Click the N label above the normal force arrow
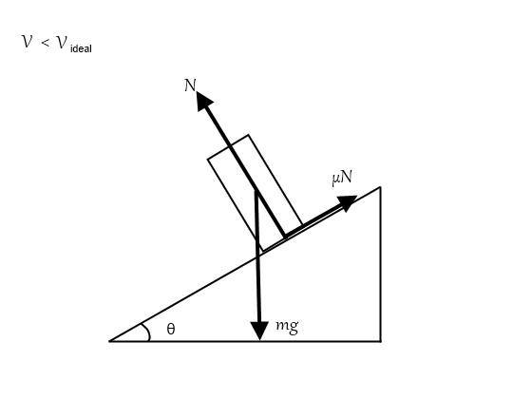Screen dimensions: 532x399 click(190, 85)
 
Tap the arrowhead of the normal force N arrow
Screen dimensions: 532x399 click(204, 101)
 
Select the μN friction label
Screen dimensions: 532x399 click(342, 178)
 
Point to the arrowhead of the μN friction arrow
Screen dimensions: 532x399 click(347, 202)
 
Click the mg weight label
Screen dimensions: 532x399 click(287, 327)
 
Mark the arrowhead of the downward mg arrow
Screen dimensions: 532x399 click(259, 331)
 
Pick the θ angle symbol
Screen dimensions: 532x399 click(171, 329)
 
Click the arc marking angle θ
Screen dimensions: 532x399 click(147, 331)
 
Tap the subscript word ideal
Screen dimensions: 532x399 click(81, 48)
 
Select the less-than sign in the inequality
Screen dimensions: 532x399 click(46, 43)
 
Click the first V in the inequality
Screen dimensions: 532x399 click(28, 42)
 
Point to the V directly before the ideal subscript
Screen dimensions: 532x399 click(62, 43)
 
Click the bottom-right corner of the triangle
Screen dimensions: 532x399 click(380, 341)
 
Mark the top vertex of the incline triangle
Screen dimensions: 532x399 click(380, 187)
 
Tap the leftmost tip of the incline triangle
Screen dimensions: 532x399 click(109, 341)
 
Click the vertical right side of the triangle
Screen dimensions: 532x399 click(380, 264)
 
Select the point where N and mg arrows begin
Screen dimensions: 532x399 click(256, 191)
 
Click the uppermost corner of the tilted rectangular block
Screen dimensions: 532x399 click(248, 135)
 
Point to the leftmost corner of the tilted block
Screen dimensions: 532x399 click(208, 159)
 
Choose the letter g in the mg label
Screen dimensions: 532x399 click(294, 328)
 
